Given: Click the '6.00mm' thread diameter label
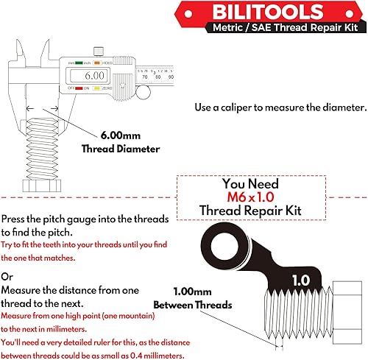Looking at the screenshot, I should (x=119, y=136).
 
